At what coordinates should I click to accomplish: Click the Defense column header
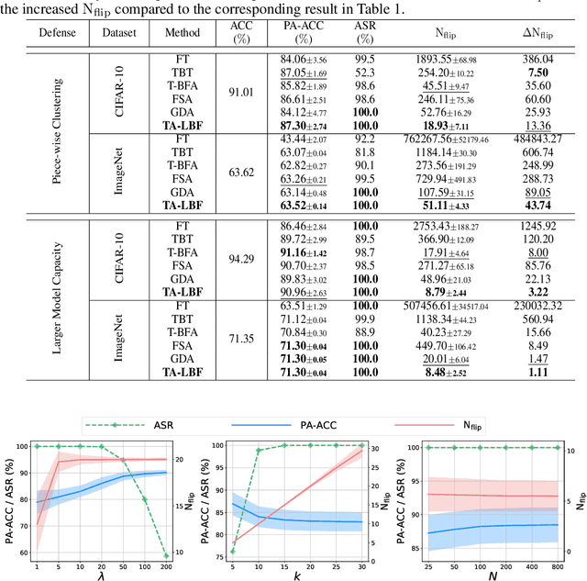click(x=58, y=31)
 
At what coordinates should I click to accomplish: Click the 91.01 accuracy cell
click(x=241, y=91)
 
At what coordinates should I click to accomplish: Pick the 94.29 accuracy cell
click(x=241, y=258)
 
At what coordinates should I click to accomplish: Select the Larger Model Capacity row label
click(x=58, y=299)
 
